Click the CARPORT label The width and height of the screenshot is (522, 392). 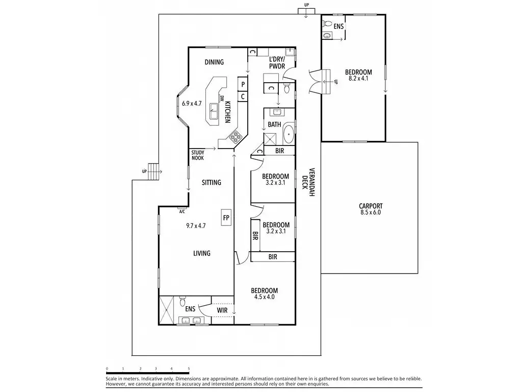(371, 206)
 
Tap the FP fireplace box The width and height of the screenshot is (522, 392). (226, 217)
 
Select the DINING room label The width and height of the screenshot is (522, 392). (214, 62)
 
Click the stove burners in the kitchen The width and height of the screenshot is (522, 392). (236, 136)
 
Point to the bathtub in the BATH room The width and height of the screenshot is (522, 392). (288, 134)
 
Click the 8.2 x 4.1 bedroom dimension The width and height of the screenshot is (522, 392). (358, 79)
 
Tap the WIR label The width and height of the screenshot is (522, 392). (222, 309)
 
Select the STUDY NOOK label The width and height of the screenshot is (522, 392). (198, 155)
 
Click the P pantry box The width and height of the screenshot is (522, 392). (243, 84)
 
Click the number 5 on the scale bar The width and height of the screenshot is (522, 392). (189, 368)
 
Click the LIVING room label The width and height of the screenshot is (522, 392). (201, 253)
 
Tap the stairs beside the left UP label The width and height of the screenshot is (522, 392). (153, 172)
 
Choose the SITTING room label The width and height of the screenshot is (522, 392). (211, 182)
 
